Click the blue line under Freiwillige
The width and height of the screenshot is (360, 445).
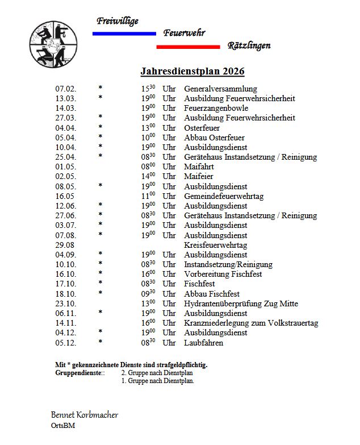pos(124,34)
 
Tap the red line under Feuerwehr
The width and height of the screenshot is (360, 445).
pos(187,47)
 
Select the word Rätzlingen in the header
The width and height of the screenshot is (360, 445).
pos(249,45)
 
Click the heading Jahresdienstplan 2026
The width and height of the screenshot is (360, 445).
pos(192,72)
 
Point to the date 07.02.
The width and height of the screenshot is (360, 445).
pos(65,89)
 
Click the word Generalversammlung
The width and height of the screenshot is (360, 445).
pos(220,89)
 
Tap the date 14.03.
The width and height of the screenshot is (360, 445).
pos(65,108)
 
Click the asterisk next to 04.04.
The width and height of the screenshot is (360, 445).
pos(101,128)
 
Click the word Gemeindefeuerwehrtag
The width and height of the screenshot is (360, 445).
pos(224,196)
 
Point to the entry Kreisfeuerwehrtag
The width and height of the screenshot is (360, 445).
pos(215,245)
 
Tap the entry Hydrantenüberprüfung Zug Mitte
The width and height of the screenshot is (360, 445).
pos(241,303)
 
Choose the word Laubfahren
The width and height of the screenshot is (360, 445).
pos(203,343)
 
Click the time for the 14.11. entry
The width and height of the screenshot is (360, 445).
pos(148,323)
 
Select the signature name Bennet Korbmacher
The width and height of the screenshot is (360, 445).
pos(85,415)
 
